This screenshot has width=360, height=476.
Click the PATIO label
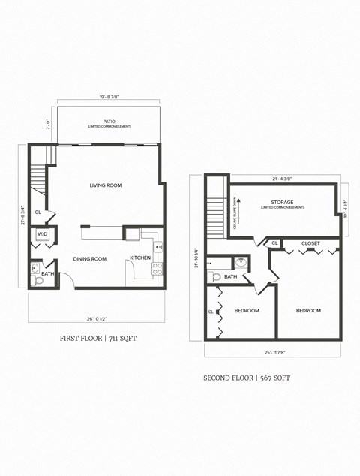109,121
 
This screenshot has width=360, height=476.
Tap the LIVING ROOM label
106,185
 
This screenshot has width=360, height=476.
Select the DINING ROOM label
89,259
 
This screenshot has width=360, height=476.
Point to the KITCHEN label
140,258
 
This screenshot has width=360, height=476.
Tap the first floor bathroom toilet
38,281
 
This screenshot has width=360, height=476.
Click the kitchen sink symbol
158,246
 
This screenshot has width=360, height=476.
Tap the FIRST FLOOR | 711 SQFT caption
98,339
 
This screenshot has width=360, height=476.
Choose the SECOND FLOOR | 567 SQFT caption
247,378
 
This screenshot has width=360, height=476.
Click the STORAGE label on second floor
282,203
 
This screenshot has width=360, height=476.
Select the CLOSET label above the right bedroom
310,243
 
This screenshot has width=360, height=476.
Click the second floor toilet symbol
216,276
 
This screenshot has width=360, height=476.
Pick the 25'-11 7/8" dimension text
272,353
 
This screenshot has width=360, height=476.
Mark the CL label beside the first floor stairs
37,213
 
